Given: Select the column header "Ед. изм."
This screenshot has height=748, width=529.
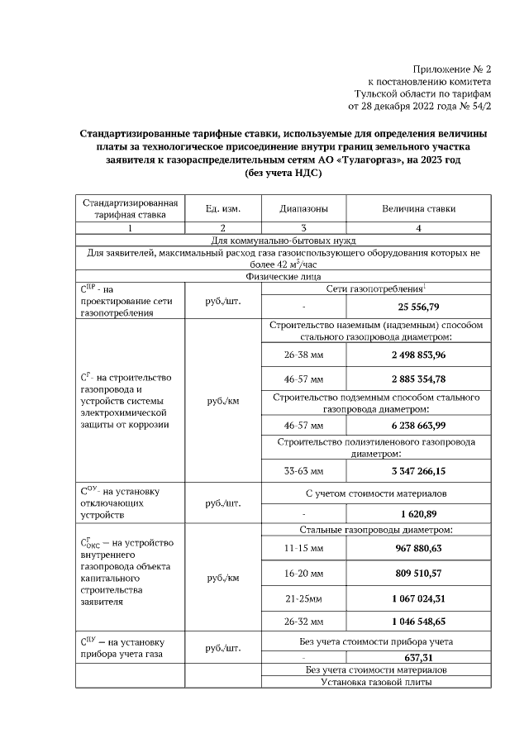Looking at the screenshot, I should (x=222, y=208).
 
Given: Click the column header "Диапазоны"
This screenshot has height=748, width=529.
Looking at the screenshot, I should (x=303, y=208).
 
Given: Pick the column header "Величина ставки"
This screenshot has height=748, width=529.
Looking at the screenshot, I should (x=418, y=208).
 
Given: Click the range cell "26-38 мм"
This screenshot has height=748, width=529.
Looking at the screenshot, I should (x=303, y=355).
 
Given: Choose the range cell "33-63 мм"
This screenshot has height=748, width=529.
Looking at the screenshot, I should (x=303, y=471).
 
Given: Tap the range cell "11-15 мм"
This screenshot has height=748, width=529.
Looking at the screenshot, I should (x=303, y=548).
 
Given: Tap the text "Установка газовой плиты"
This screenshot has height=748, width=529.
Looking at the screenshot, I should (x=376, y=682).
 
